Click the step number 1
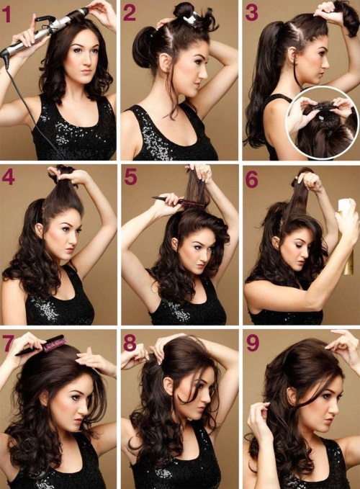(x=9, y=14)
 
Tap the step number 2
(x=130, y=13)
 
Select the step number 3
(x=251, y=13)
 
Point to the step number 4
(x=9, y=178)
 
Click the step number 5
(x=130, y=178)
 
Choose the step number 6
(x=251, y=178)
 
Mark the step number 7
(x=9, y=342)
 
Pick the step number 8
(x=130, y=342)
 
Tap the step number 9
(x=252, y=343)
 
